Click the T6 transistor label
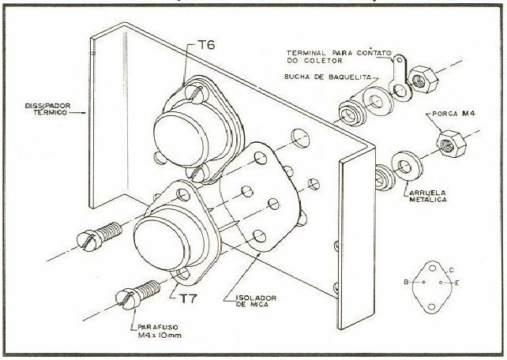coord(206,45)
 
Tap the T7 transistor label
coord(188,298)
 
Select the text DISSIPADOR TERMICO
coord(47,109)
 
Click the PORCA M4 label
coord(454,114)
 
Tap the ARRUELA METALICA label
coord(427,196)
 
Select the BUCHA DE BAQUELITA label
coord(328,77)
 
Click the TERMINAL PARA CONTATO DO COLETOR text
coord(339,57)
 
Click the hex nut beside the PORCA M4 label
coord(452,144)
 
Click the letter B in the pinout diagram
coord(406,282)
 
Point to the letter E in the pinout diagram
coord(457,283)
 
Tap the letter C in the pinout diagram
coord(452,270)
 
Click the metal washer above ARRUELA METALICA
coord(407,167)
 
